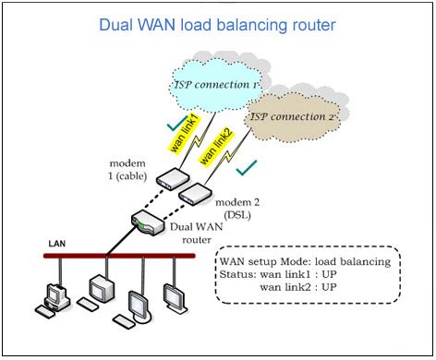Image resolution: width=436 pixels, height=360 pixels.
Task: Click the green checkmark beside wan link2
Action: tap(245, 170)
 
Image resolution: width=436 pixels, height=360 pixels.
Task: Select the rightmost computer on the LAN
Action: tap(174, 295)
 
